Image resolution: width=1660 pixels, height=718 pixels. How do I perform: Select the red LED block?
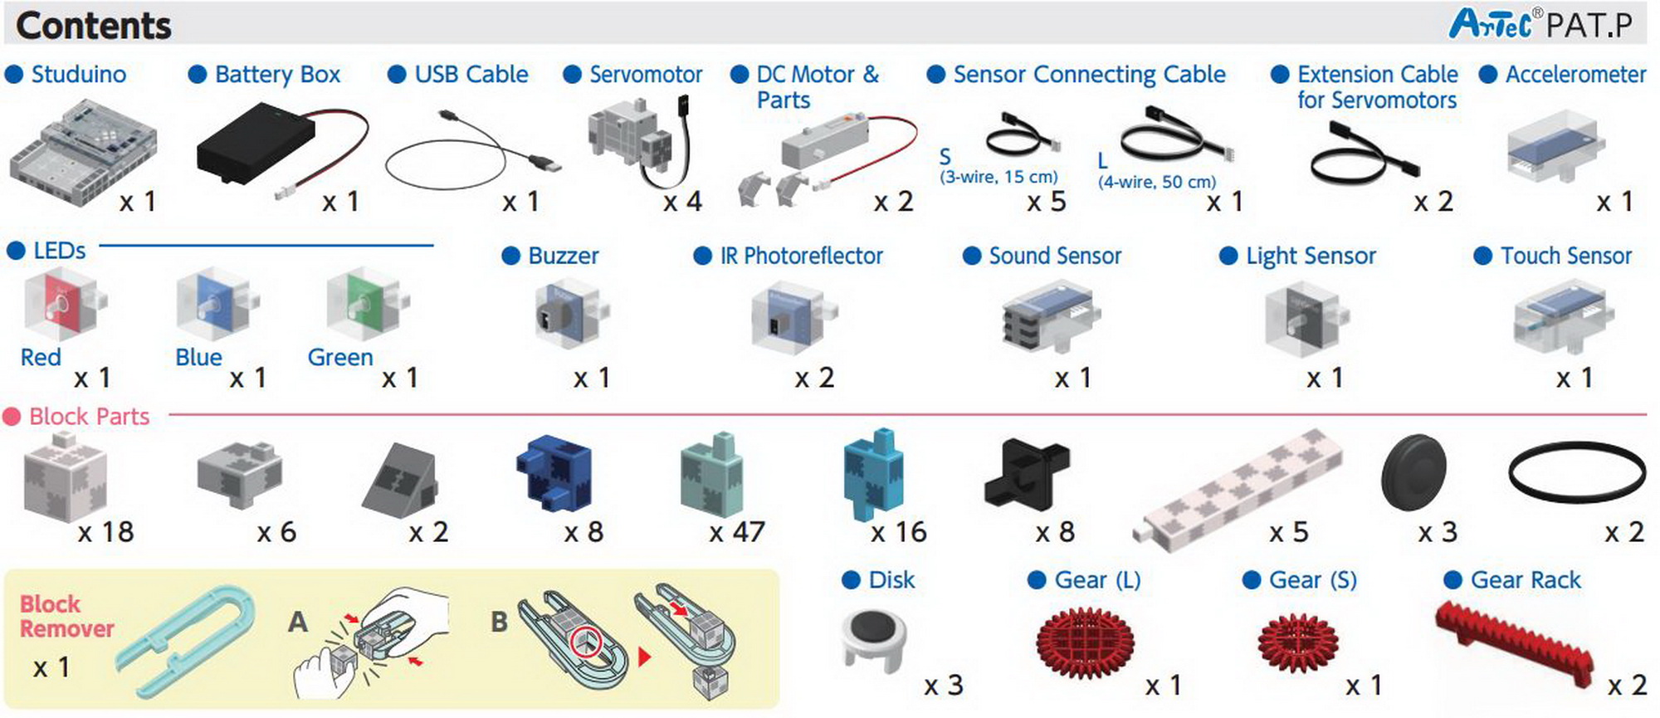(x=63, y=304)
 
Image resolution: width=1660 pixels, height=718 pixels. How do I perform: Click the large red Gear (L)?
(x=1085, y=643)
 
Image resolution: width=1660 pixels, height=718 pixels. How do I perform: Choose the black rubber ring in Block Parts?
(x=1576, y=471)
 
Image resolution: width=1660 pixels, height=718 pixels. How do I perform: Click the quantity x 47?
(x=737, y=532)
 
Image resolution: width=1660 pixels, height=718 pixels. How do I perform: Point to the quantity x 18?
(x=105, y=532)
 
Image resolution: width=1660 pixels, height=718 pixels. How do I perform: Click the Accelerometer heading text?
(x=1575, y=75)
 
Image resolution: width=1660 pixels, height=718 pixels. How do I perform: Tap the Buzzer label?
(x=563, y=256)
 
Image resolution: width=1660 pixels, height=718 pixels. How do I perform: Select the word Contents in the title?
(x=94, y=26)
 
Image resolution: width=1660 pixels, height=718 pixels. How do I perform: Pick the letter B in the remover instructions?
(x=499, y=622)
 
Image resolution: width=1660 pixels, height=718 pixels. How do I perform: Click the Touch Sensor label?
(x=1565, y=256)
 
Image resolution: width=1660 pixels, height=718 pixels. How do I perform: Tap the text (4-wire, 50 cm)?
(x=1156, y=182)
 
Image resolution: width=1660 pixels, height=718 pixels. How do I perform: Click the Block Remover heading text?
(x=66, y=616)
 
